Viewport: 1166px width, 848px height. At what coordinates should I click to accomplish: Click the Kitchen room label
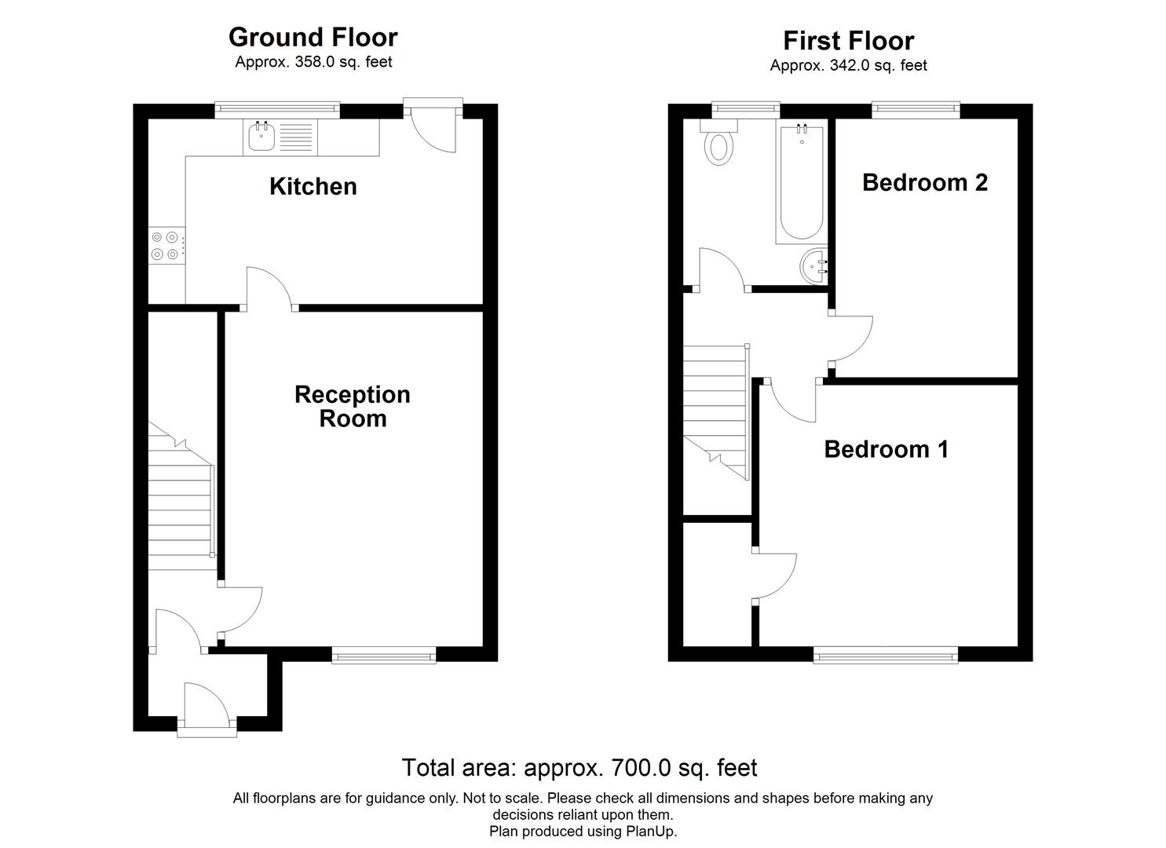(x=313, y=186)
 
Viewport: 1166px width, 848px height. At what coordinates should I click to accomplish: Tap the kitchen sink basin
(x=261, y=137)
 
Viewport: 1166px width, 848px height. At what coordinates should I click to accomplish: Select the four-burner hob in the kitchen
(x=166, y=246)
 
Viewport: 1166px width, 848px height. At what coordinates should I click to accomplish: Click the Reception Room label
(x=352, y=406)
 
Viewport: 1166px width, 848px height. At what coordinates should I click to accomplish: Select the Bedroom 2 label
(x=924, y=182)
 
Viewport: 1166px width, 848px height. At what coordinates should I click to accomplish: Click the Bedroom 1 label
(x=886, y=449)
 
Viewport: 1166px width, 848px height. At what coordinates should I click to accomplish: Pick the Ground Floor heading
(x=313, y=37)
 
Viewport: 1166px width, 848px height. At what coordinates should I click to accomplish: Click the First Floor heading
(x=848, y=41)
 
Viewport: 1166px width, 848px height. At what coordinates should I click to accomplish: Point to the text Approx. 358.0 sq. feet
(x=313, y=62)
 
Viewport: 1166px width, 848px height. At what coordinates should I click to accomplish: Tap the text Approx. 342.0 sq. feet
(x=848, y=66)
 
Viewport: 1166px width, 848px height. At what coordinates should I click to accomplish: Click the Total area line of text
(x=579, y=767)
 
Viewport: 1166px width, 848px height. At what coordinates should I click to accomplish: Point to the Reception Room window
(x=383, y=655)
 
